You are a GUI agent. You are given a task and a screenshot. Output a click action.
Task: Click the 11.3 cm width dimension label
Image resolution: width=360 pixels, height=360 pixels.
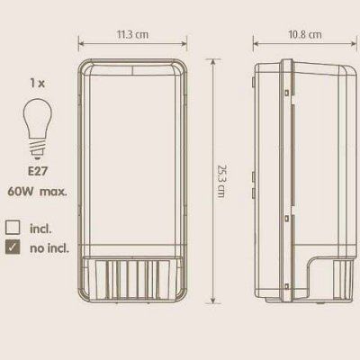tap(132, 34)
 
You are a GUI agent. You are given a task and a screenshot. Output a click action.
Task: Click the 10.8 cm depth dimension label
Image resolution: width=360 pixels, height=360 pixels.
tap(305, 34)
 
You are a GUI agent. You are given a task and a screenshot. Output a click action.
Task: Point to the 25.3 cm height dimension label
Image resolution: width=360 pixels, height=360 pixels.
tap(221, 181)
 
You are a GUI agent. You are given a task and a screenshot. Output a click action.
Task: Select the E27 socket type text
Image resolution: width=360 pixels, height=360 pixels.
tap(38, 171)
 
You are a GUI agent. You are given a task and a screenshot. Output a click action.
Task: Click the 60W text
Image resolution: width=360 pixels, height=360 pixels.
tap(21, 191)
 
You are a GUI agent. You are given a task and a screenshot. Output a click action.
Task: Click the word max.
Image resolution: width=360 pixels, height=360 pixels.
tap(53, 192)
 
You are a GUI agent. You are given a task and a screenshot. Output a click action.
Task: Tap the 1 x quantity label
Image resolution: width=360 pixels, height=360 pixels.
tap(37, 83)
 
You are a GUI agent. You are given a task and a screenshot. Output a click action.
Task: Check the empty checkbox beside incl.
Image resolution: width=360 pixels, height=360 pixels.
tap(13, 228)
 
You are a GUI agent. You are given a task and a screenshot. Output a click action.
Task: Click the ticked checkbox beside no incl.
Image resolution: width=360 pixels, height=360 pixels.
tap(13, 247)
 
